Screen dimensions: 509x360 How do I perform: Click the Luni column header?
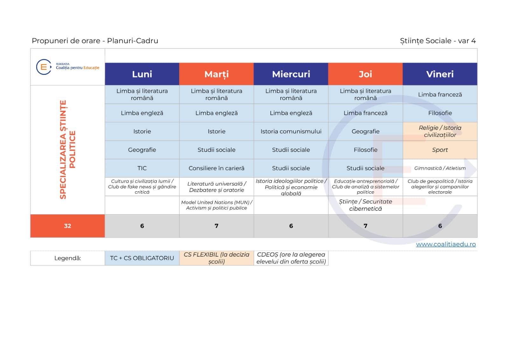(x=142, y=74)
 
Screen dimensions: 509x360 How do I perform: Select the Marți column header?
(x=216, y=74)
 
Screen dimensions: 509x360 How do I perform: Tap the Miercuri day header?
(x=291, y=74)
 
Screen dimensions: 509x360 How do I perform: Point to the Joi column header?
(x=366, y=74)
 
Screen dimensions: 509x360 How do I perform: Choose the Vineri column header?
(x=440, y=74)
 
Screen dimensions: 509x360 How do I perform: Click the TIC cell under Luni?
(x=142, y=168)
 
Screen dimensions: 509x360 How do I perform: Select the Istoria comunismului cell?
(x=291, y=131)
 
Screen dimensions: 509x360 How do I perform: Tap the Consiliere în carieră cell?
(x=216, y=168)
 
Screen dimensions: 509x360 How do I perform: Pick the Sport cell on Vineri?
(x=440, y=150)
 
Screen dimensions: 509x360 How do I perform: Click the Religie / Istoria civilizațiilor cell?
(x=440, y=131)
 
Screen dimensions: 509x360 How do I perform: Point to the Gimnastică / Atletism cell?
(x=440, y=168)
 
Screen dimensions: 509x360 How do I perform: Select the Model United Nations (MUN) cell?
(x=216, y=205)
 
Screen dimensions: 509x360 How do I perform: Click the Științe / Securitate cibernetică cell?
(x=366, y=205)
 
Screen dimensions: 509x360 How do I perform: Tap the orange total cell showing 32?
(x=67, y=226)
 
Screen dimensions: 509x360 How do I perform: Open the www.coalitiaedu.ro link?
(x=446, y=244)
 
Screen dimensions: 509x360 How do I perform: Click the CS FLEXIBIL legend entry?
(x=216, y=258)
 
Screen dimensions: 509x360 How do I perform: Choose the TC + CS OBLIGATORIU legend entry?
(x=142, y=258)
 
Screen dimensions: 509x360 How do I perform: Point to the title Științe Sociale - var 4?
(x=438, y=41)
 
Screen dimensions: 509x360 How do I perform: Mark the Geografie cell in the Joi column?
(x=366, y=131)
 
